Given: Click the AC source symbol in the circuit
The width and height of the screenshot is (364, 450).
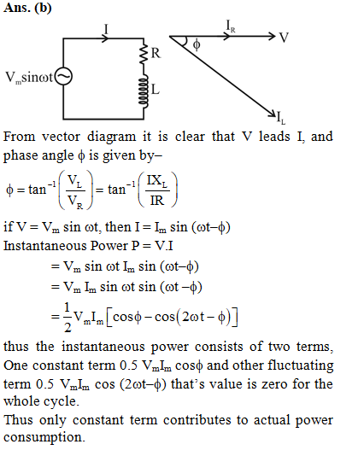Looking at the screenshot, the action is pos(63,76).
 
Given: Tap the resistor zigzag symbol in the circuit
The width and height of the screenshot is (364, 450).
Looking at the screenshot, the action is pos(144,55).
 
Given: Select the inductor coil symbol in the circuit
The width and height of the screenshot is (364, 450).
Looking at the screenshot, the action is pos(144,91).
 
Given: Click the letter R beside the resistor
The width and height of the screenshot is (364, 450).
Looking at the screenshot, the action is pos(156,53).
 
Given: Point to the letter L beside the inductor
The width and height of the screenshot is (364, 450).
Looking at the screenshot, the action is pos(156,90).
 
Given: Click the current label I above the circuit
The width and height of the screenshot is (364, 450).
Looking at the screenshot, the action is pos(106,29).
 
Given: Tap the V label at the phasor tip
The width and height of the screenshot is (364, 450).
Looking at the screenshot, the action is pos(284,38).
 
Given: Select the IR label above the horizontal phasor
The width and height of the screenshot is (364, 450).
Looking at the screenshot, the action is pos(231,26).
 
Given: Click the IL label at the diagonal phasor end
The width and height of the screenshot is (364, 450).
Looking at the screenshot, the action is pos(281,118).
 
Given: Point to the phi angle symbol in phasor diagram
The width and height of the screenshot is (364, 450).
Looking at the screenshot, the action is pos(197,44).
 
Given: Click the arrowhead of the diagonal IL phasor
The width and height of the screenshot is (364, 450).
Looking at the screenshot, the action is pos(272,114).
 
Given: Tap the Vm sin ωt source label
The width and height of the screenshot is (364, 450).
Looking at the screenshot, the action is pos(29,78).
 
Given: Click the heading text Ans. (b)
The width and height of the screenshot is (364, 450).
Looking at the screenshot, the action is pos(27,8).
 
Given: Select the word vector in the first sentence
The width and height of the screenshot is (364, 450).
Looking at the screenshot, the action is pos(61,137).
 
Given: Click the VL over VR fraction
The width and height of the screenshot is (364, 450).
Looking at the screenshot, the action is pos(75,190).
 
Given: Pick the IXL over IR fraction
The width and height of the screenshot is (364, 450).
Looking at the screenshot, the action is pos(157,190).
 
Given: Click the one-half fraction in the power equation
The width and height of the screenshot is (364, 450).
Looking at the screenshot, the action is pos(68,317).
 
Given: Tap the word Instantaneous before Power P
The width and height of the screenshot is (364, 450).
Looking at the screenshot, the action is pos(44,246).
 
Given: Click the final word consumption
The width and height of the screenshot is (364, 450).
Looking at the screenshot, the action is pos(44,438).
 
